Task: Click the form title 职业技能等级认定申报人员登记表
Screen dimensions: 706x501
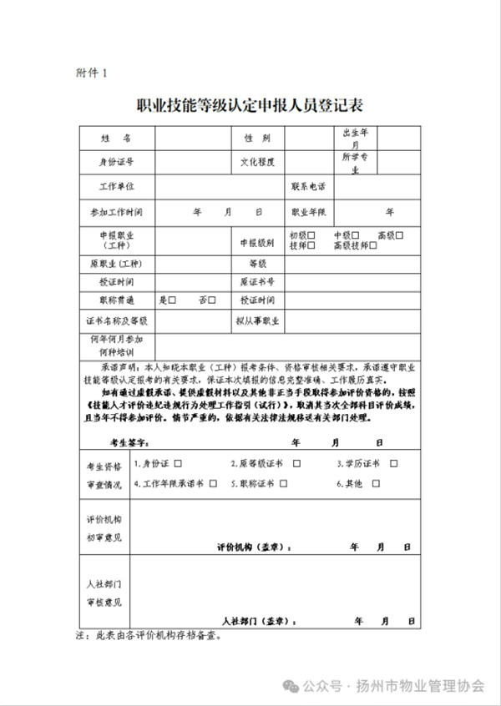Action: click(x=250, y=106)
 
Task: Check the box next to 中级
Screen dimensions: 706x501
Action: click(x=357, y=235)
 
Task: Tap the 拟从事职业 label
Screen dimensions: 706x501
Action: click(x=256, y=320)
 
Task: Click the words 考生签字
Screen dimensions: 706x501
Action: click(x=129, y=441)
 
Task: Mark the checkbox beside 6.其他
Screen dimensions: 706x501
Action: click(x=376, y=483)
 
